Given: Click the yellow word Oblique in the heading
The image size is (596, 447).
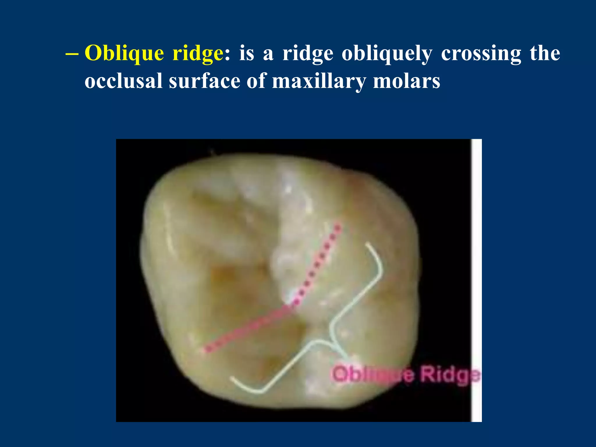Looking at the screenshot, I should [x=124, y=54].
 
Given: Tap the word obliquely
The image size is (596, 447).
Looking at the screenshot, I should [x=387, y=54].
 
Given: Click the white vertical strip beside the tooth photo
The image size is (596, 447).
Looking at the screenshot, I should [x=476, y=279].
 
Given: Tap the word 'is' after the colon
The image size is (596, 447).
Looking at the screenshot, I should [x=246, y=54].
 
